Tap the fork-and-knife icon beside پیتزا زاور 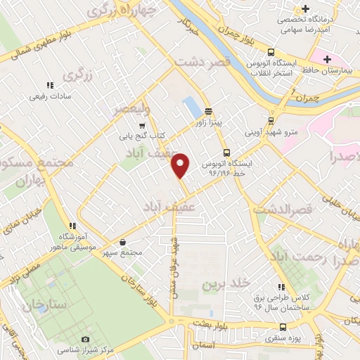click(x=208, y=111)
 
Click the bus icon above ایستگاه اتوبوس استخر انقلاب click(x=271, y=52)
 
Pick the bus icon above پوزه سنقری click(x=283, y=326)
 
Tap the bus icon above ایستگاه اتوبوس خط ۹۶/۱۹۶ click(x=226, y=152)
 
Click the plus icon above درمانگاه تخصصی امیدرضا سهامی click(x=304, y=9)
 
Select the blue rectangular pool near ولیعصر click(x=190, y=108)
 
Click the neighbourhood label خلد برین click(x=226, y=283)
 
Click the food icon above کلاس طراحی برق click(x=281, y=287)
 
